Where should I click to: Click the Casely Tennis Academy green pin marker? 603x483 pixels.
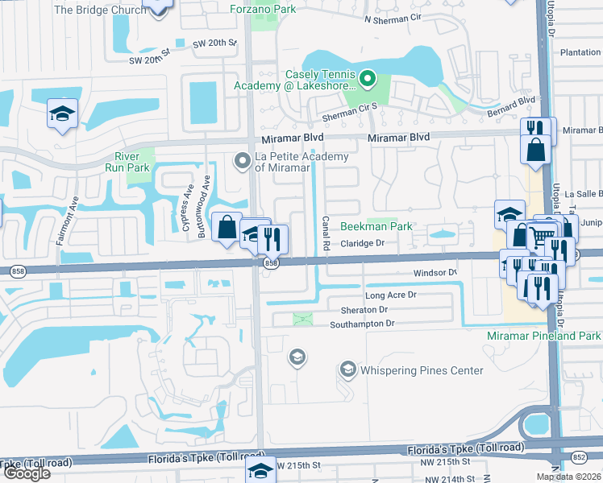coord(368,79)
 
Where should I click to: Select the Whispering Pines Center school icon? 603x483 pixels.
coord(348,369)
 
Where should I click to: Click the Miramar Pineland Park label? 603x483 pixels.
coord(543,335)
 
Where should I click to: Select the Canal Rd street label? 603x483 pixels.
coord(326,233)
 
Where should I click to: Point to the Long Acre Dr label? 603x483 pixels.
coord(390,295)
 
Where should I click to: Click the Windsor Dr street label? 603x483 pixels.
coord(435,273)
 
